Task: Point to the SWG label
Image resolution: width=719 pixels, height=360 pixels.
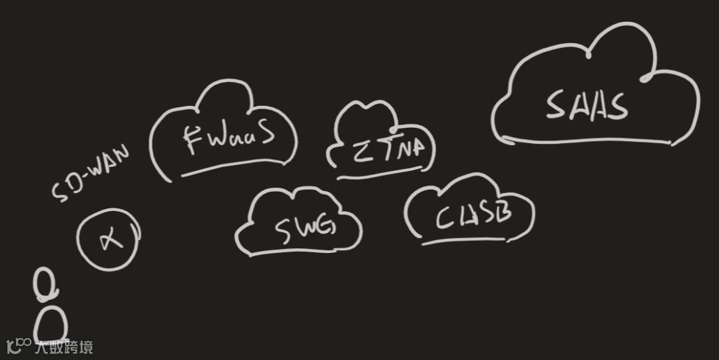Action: point(305,226)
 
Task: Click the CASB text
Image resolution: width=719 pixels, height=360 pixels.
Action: point(473,216)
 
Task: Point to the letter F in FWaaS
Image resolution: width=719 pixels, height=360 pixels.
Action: point(194,140)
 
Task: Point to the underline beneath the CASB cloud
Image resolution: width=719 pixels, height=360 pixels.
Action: point(459,240)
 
